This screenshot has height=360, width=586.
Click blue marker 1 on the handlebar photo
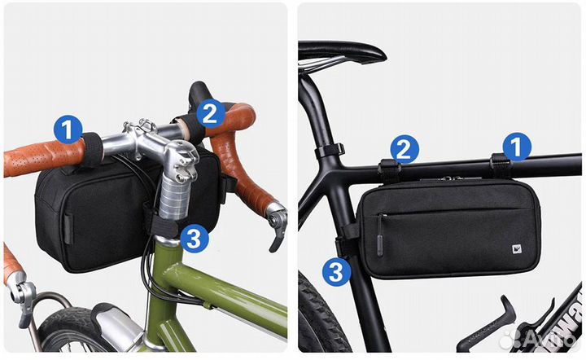pos(68,129)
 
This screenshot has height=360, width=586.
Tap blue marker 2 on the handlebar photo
pos(210,113)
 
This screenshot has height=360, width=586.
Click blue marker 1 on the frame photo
pos(514,147)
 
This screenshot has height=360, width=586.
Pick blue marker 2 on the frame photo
pos(405,149)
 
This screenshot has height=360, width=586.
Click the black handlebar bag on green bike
pos(90,220)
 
